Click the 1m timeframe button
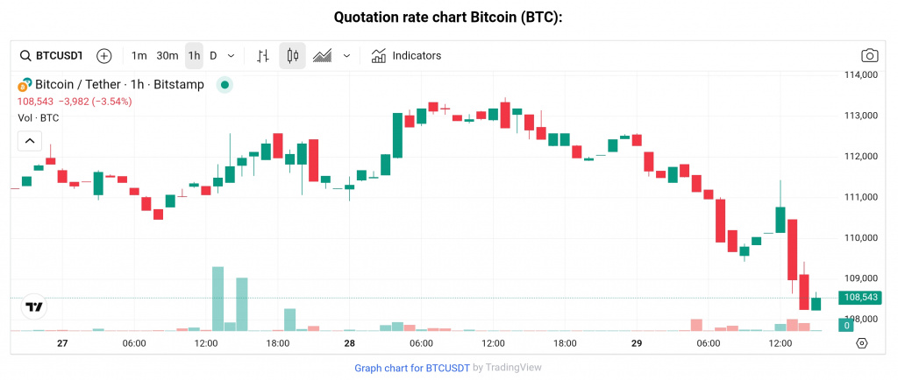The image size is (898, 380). point(139,56)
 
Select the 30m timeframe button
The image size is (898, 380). point(167,56)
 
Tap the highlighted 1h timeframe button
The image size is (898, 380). point(194,56)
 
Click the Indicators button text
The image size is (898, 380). point(417,56)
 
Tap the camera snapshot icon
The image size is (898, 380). point(869,56)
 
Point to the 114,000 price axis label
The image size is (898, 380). point(860,75)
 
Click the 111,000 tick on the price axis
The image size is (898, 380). point(860,197)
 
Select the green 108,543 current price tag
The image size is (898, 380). point(860,298)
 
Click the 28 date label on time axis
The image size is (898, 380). point(349,343)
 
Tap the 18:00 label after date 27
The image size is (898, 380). point(278,343)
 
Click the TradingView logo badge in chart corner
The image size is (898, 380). point(34,306)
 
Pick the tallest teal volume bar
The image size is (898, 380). point(218,299)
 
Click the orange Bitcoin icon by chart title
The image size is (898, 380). point(25,85)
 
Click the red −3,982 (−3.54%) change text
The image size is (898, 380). point(95,102)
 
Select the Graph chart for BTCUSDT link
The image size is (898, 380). point(411,368)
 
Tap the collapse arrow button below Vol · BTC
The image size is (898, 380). point(29,140)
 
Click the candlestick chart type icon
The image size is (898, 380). point(293,56)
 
